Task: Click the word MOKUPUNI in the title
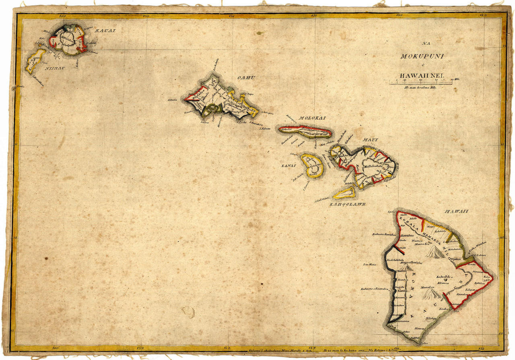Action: (x=422, y=56)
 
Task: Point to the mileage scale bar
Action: (x=422, y=83)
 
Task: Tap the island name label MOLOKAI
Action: (x=312, y=118)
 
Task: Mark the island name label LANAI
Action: (x=289, y=166)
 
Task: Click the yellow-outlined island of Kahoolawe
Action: (x=345, y=193)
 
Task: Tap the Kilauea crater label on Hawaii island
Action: (x=443, y=283)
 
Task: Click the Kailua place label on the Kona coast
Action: (x=403, y=271)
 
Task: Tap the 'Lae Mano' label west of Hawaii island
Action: (x=369, y=265)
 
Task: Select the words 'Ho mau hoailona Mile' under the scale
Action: (x=421, y=87)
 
